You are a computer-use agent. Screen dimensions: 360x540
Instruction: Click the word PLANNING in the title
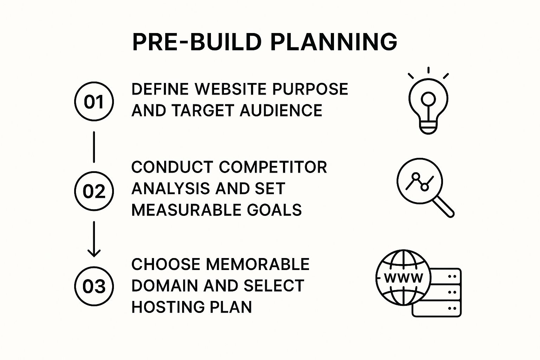click(334, 42)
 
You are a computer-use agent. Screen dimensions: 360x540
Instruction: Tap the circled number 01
click(94, 102)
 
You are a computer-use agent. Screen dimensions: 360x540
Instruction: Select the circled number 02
click(94, 191)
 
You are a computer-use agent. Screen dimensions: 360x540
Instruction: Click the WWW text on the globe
click(404, 278)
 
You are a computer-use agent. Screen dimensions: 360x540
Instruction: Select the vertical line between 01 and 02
click(94, 147)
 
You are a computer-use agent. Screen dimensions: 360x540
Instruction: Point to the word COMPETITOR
click(273, 167)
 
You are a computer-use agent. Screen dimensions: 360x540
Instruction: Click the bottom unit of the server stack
click(436, 309)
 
